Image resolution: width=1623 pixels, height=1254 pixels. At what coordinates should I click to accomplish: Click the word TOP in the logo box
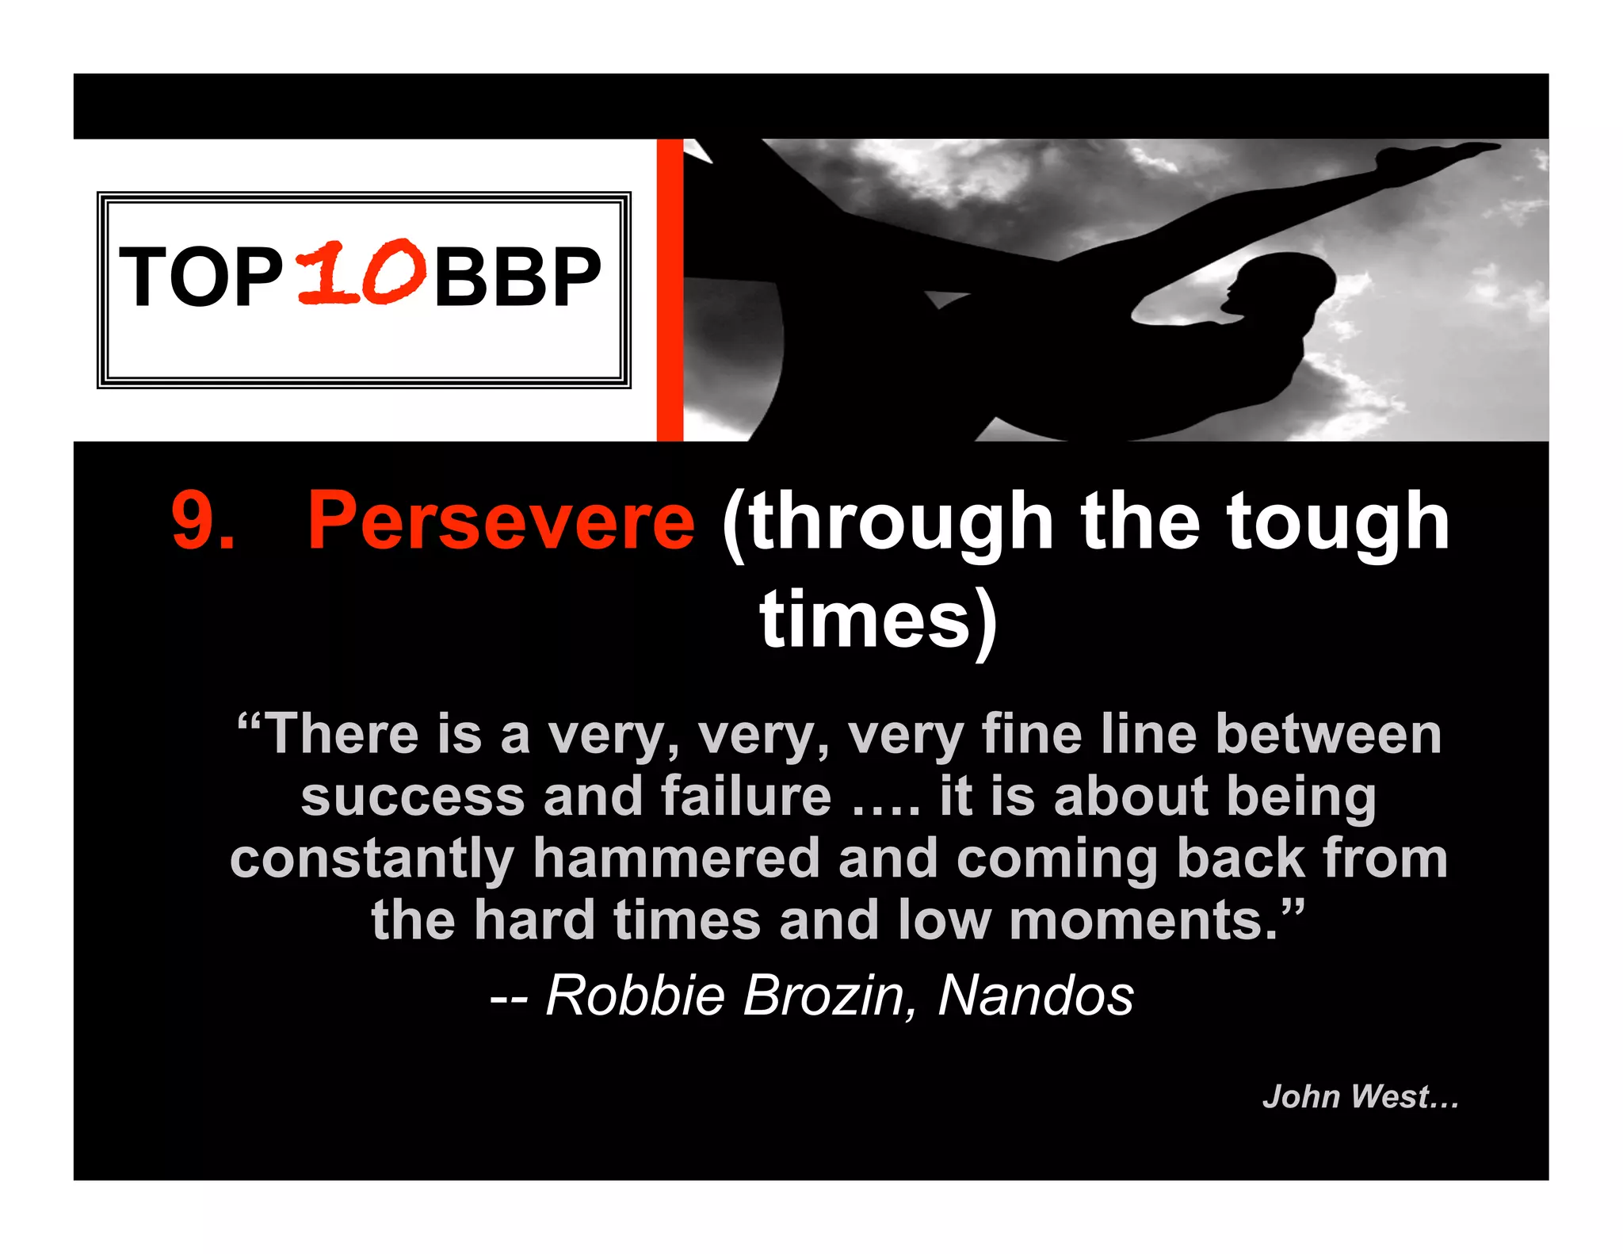click(x=200, y=277)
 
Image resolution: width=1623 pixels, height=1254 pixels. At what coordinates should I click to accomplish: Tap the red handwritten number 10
click(x=361, y=273)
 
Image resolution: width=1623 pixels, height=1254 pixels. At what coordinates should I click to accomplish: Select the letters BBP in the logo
click(x=517, y=277)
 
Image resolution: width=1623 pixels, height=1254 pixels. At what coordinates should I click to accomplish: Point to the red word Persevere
click(x=501, y=522)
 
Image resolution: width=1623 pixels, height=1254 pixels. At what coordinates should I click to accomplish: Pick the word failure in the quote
click(x=746, y=796)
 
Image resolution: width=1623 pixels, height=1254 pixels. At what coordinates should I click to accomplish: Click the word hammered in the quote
click(x=676, y=858)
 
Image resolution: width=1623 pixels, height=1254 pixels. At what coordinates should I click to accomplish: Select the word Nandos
click(x=1035, y=996)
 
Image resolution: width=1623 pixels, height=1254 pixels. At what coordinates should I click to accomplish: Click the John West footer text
click(x=1360, y=1097)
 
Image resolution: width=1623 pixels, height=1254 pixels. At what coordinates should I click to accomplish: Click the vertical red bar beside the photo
click(x=670, y=289)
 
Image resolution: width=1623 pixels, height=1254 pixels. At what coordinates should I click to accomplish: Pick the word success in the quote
click(x=413, y=797)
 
